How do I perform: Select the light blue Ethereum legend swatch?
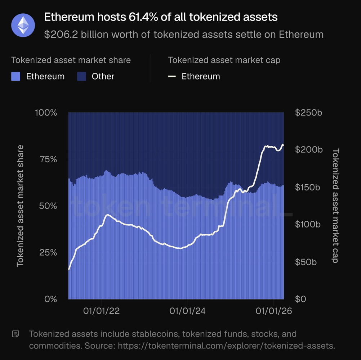pos(16,76)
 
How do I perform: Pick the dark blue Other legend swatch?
pos(82,76)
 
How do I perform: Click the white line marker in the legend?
pos(172,76)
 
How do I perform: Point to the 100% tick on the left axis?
pos(46,113)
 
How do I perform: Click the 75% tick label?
pos(48,159)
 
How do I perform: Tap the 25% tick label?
pos(48,252)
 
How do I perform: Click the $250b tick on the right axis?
pos(308,113)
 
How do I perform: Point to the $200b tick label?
pos(308,150)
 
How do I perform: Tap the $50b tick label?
pos(306,262)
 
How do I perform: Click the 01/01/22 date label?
pos(101,311)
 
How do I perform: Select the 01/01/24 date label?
pos(187,311)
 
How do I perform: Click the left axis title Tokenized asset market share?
pos(20,206)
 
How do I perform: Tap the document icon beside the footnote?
pos(15,334)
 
